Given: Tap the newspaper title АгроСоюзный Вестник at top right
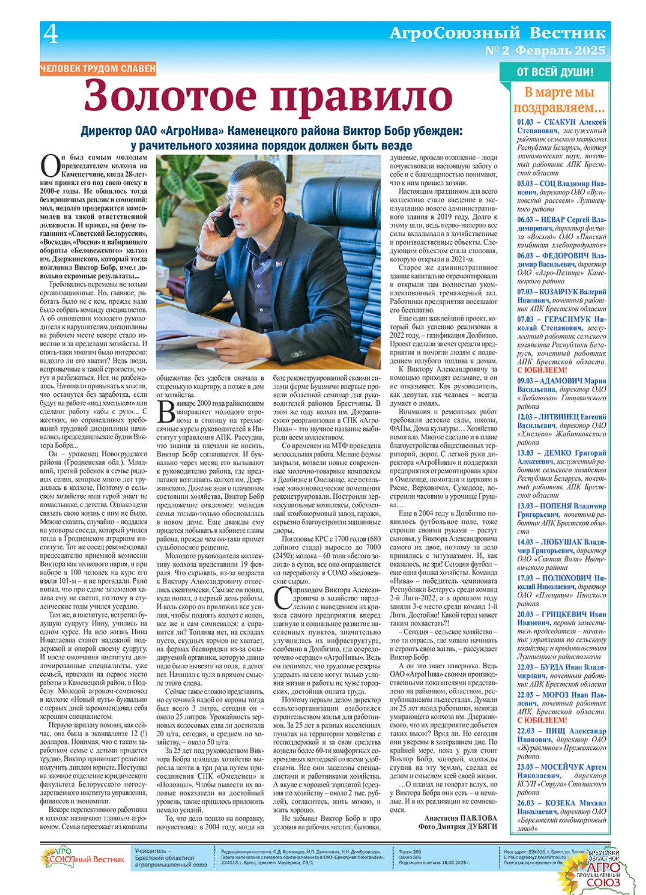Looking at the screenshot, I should point(497,33).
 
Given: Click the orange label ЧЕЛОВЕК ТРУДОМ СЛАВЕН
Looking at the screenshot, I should point(98,69).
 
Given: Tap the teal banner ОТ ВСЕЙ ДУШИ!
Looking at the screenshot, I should point(555,72).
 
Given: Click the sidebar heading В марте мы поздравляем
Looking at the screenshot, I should point(559,99).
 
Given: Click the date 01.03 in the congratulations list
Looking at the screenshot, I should point(525,122).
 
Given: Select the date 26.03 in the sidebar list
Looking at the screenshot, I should point(525,803).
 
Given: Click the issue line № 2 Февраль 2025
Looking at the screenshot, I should point(545,50).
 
